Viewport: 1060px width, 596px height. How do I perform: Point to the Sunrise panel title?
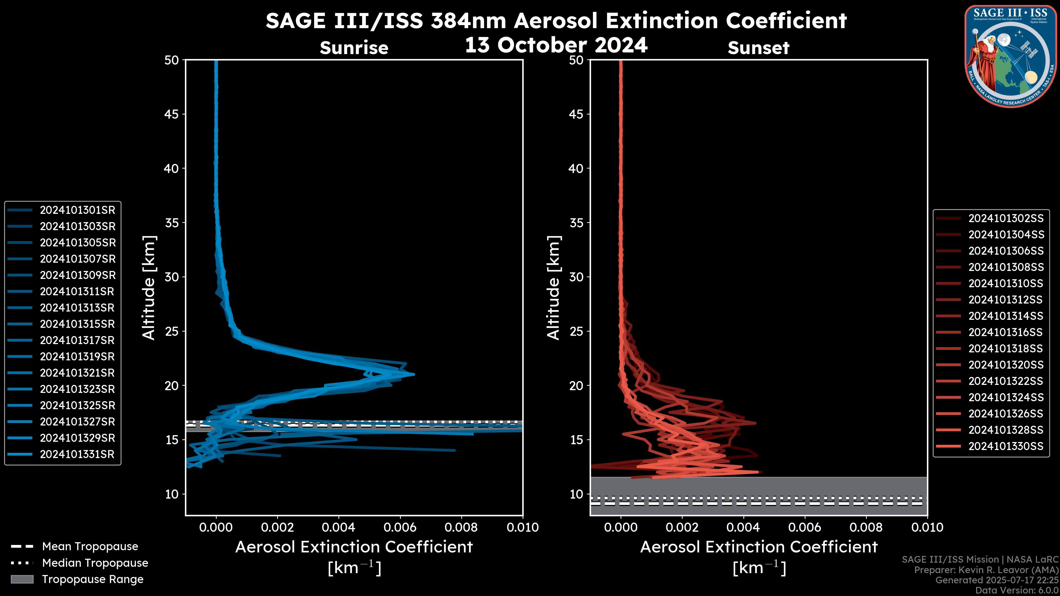click(354, 48)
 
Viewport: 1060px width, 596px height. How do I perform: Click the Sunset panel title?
click(758, 48)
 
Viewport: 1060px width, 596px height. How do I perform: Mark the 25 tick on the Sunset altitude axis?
click(576, 331)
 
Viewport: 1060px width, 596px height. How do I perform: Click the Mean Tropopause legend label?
click(90, 547)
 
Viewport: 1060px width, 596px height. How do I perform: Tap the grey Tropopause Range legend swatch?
click(22, 579)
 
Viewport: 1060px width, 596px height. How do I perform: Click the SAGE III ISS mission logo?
click(1010, 56)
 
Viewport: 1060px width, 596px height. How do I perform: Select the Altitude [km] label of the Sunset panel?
click(553, 288)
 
